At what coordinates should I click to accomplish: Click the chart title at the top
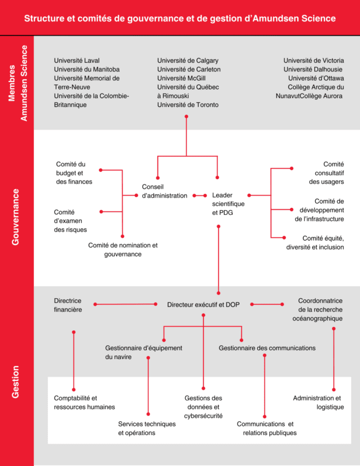click(179, 19)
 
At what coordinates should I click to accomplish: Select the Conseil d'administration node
click(164, 191)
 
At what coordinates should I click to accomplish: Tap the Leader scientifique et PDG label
click(228, 204)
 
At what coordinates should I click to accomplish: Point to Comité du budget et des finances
click(74, 173)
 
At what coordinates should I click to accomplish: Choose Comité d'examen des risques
click(70, 221)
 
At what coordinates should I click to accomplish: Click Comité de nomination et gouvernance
click(123, 249)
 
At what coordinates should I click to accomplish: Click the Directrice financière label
click(68, 305)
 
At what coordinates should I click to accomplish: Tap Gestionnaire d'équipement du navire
click(143, 352)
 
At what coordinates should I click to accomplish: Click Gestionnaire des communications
click(267, 348)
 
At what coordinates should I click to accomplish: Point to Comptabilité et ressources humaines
click(84, 402)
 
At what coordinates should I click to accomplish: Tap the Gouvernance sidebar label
click(15, 217)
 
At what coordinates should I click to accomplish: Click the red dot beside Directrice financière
click(95, 304)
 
